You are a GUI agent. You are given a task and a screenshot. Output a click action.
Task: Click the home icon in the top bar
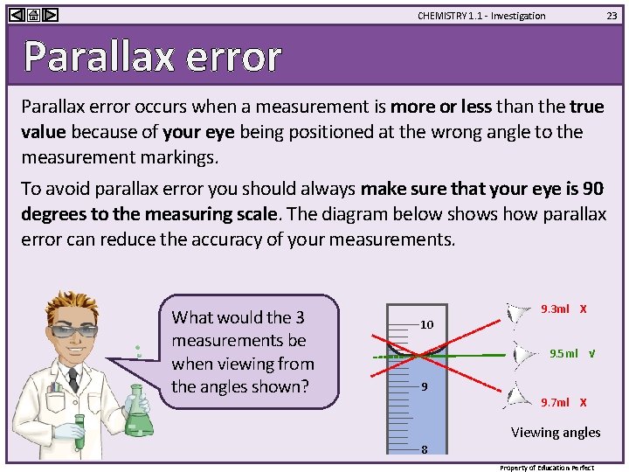tap(33, 15)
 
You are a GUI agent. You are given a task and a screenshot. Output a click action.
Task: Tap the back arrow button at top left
tap(17, 15)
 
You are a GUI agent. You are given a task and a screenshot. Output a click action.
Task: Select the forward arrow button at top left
tap(50, 15)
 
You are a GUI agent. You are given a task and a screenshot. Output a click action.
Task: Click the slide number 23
tap(612, 16)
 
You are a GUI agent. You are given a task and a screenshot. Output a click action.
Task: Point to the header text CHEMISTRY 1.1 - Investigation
tap(481, 16)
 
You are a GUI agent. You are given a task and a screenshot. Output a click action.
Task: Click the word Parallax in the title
tap(90, 57)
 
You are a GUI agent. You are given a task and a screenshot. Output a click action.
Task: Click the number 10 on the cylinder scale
tap(426, 324)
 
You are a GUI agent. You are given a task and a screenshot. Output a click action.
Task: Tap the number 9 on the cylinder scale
tap(424, 386)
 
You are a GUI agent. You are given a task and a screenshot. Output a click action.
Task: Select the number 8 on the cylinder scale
tap(424, 450)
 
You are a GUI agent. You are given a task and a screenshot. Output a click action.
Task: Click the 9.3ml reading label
tap(555, 309)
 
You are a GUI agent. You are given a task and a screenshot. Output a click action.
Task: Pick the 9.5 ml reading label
tap(563, 354)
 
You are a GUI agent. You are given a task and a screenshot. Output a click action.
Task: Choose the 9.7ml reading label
tap(555, 402)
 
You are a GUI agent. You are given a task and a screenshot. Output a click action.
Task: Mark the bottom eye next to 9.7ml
tap(518, 394)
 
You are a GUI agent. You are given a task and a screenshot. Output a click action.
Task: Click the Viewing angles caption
tap(556, 432)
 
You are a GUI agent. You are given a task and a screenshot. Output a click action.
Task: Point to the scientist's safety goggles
tap(76, 330)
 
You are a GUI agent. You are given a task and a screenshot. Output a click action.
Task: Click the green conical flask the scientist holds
tap(139, 417)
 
